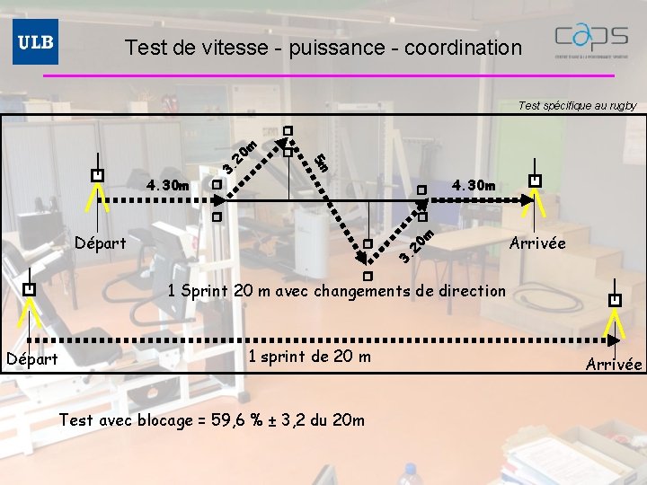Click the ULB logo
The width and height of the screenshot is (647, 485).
pos(35,41)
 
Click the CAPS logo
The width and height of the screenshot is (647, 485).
pos(590,40)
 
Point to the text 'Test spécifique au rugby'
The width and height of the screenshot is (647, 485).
pos(577,105)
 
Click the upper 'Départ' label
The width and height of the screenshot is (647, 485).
pos(101,243)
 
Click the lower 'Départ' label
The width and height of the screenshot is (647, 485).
pos(31,359)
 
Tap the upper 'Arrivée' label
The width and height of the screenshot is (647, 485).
pos(537,243)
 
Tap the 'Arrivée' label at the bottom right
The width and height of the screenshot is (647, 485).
pos(614,364)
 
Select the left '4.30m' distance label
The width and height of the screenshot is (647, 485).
pos(168,186)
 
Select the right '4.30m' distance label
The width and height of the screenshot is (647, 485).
pos(474,186)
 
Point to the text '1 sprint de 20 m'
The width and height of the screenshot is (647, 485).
pos(309,357)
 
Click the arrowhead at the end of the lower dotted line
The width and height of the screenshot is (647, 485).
pos(614,340)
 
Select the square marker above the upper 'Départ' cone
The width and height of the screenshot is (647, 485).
pos(97,175)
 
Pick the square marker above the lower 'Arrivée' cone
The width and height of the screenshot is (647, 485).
pos(615,299)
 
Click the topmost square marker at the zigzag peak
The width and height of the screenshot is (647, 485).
pos(288,131)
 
